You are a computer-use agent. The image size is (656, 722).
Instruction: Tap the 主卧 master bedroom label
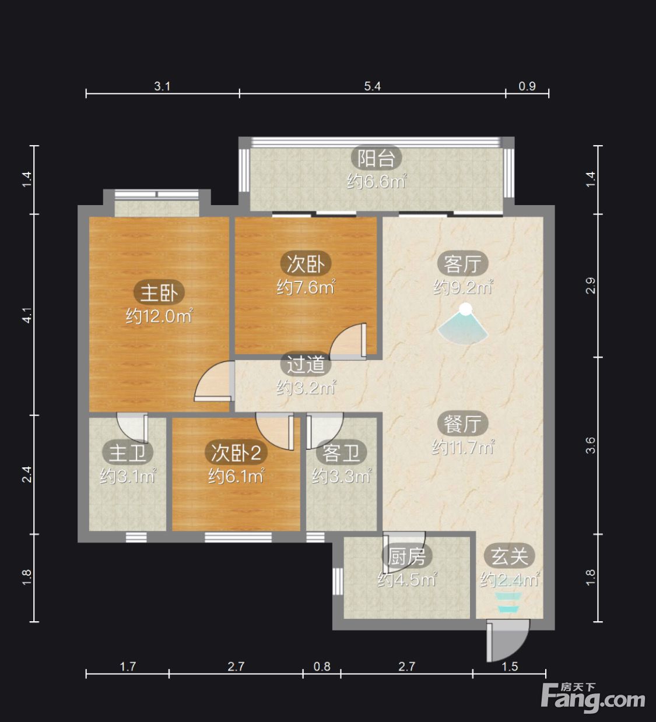pos(159,293)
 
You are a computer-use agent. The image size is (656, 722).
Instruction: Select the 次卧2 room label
pos(236,453)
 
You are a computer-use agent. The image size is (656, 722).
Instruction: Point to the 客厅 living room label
pos(462,264)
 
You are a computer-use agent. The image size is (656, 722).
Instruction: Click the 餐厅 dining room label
pos(462,424)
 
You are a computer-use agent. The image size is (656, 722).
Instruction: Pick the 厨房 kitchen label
pos(407,557)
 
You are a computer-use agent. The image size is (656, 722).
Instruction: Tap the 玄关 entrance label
pos(510,556)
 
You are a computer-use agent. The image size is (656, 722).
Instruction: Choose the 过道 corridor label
pos(306,365)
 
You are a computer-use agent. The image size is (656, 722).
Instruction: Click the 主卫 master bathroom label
pos(128,453)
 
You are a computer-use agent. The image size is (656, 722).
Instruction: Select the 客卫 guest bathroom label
pos(341,453)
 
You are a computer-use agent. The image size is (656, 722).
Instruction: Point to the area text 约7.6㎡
pos(306,287)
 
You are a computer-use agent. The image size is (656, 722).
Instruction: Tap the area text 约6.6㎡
pos(377,181)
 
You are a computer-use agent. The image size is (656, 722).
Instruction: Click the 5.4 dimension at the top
pos(372,86)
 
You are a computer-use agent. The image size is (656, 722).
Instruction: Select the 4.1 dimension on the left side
pos(27,315)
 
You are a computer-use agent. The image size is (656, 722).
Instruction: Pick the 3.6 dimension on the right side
pos(591,445)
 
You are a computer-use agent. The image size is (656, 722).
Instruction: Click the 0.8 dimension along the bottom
pos(322,667)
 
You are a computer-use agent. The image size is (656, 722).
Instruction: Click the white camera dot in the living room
pos(466,308)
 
